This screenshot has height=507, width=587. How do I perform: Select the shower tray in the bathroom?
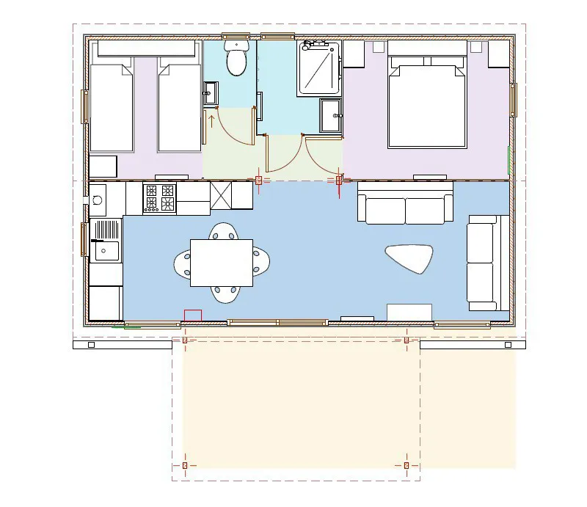click(319, 68)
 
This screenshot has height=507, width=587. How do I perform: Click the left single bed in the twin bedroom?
click(111, 107)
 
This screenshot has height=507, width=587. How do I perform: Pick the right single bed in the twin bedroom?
click(180, 107)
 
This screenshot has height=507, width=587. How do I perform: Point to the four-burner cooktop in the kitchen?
click(160, 198)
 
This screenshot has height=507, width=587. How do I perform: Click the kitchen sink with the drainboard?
click(106, 241)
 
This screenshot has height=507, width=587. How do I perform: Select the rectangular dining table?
click(222, 263)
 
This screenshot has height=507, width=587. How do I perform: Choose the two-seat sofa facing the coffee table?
click(405, 207)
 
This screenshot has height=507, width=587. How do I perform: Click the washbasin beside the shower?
click(330, 116)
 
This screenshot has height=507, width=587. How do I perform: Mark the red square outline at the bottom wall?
click(192, 315)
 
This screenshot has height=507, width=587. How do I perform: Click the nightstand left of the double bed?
click(354, 54)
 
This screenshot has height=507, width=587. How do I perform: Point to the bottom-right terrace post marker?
click(406, 465)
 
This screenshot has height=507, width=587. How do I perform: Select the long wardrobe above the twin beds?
click(146, 48)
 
